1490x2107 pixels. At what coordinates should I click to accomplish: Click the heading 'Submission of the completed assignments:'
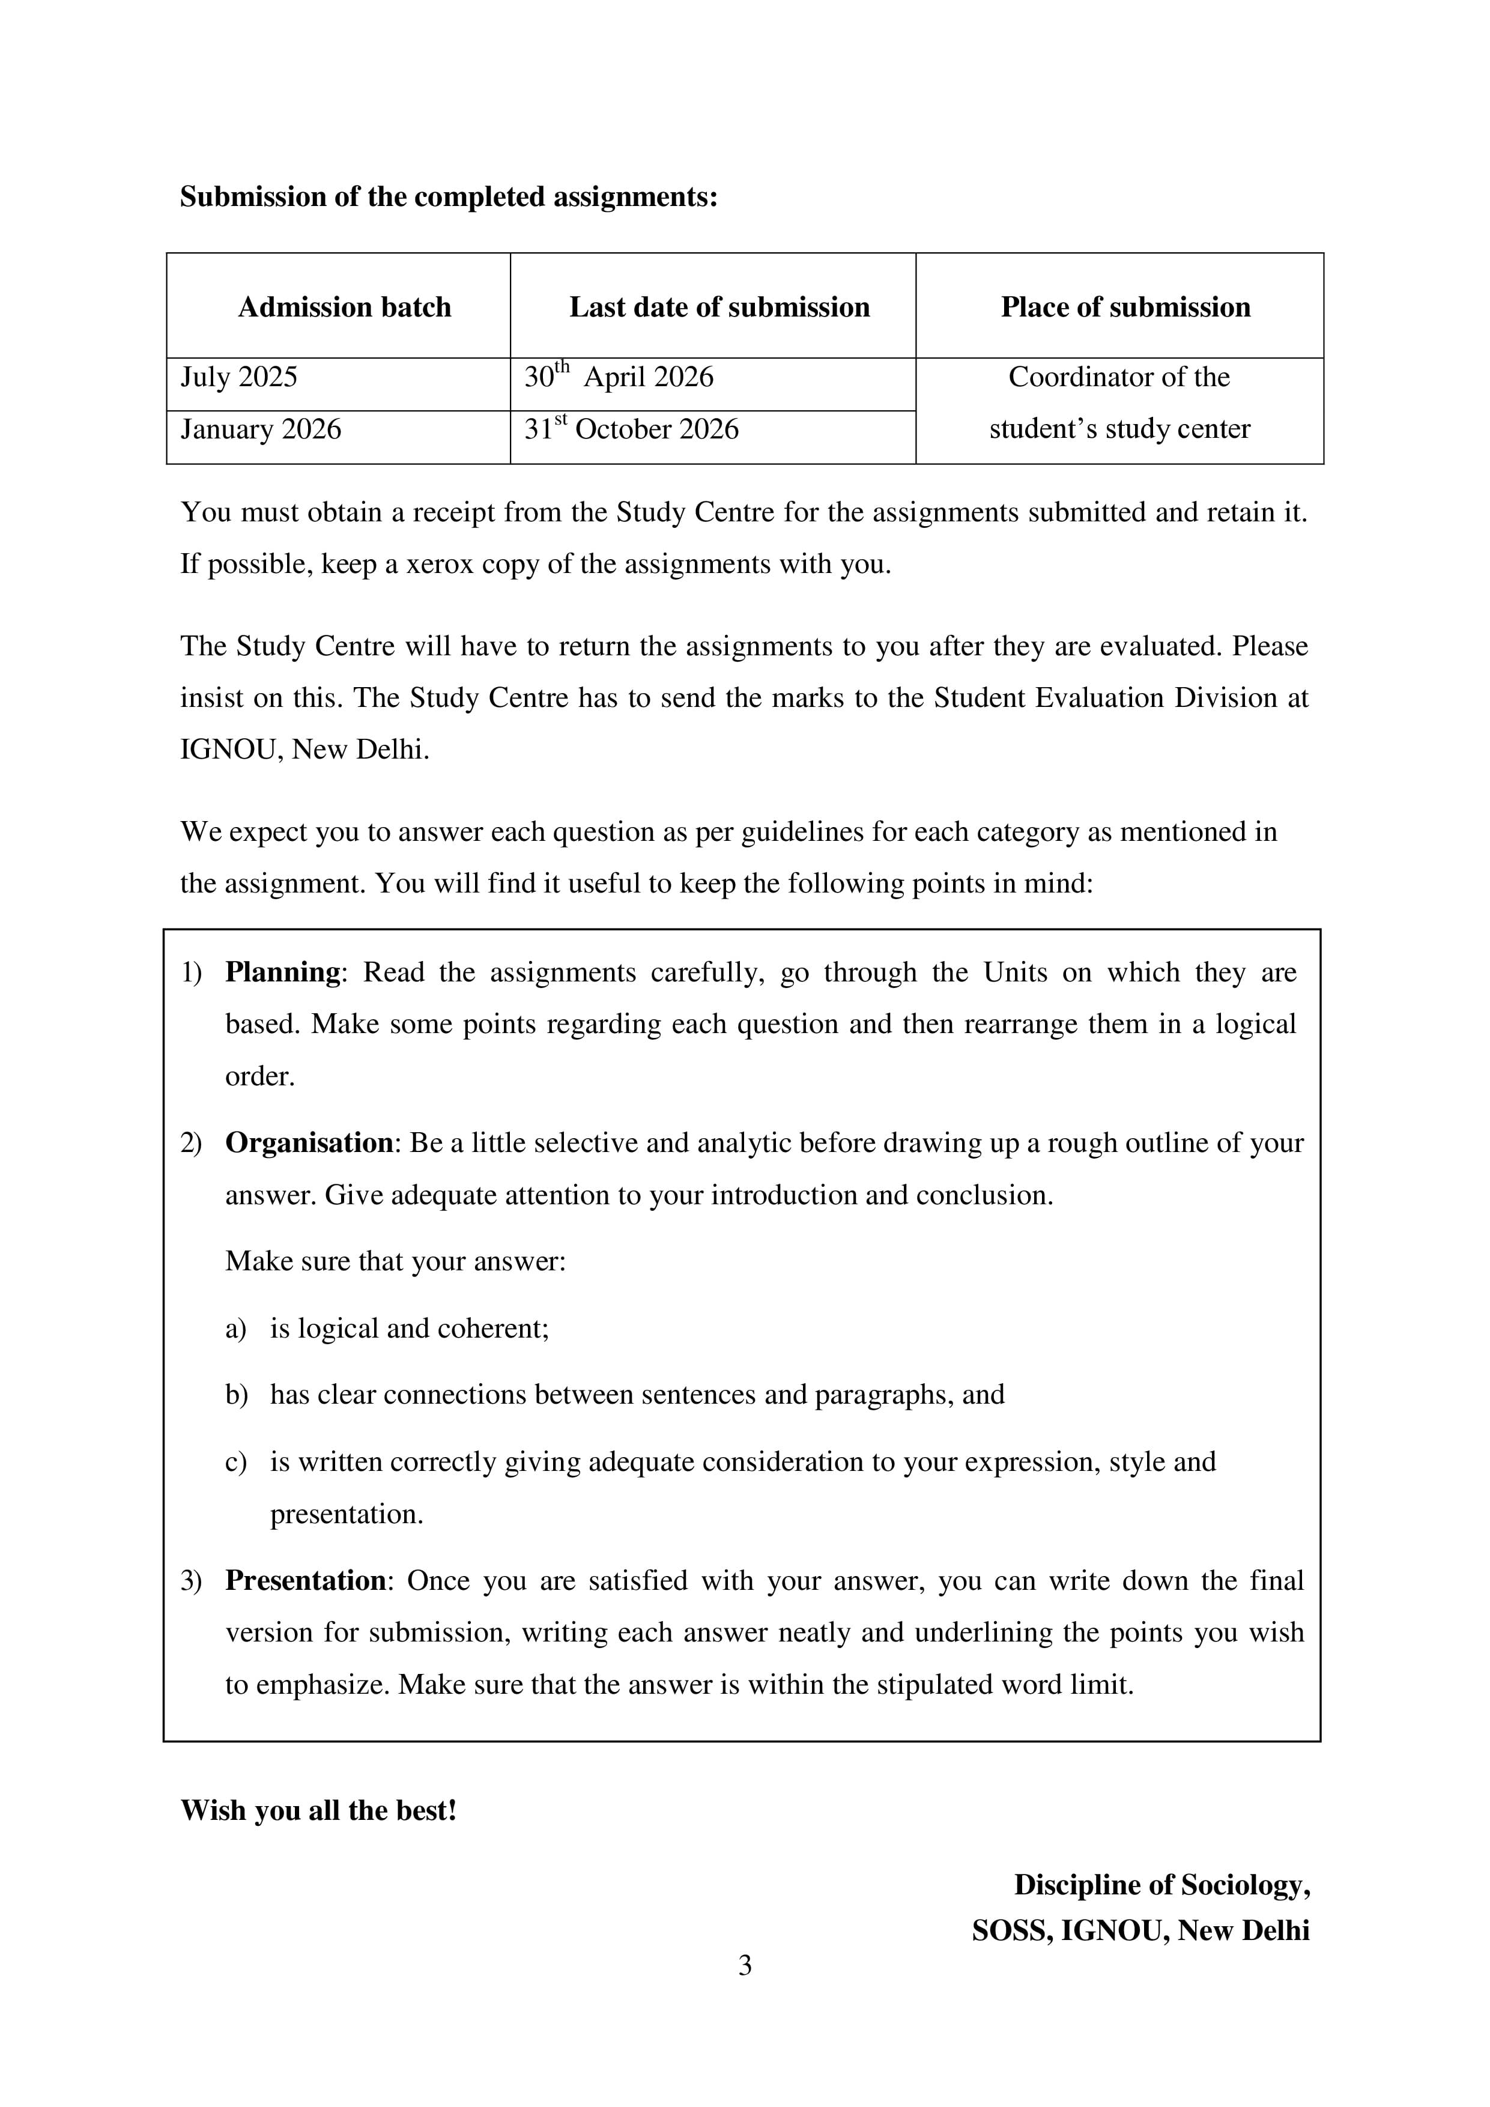pos(448,197)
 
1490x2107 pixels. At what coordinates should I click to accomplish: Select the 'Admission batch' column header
pos(344,306)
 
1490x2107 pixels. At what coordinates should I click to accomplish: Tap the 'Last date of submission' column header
pos(719,306)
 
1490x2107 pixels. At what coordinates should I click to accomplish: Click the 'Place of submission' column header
pos(1125,306)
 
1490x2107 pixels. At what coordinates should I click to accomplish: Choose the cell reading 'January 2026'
pos(261,429)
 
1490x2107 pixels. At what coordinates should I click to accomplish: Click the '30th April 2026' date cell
pos(619,377)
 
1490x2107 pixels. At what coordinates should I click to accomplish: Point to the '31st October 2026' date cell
pos(631,429)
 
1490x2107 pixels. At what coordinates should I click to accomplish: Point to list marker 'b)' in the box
pos(236,1395)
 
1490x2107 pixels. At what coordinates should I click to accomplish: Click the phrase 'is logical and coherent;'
pos(409,1329)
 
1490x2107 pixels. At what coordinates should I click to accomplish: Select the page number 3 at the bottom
pos(745,1966)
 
